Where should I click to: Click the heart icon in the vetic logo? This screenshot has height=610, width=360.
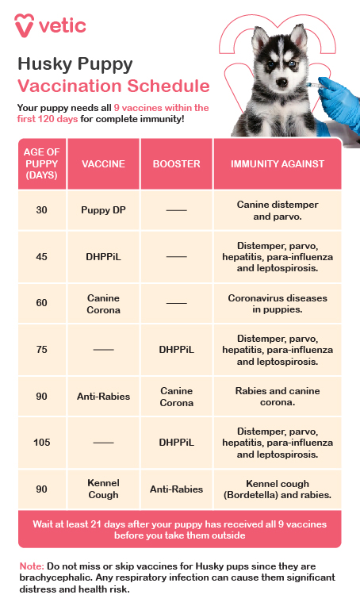coord(25,25)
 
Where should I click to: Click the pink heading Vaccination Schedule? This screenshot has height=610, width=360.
coord(113,86)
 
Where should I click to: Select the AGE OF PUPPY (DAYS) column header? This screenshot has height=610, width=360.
coord(42,163)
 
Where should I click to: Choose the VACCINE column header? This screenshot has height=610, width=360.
coord(103,164)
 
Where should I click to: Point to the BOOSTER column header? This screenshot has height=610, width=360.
coord(176,164)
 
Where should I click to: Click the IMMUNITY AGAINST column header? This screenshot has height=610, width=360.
coord(278,164)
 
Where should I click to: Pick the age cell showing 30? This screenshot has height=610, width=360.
coord(42,210)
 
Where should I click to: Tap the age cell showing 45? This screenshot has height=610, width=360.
coord(42,257)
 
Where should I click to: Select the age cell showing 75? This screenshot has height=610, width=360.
coord(42,350)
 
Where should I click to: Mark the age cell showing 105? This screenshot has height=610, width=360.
coord(42,443)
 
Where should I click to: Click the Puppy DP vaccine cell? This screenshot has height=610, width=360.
coord(103,210)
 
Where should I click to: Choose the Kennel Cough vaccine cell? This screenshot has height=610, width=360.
coord(103,489)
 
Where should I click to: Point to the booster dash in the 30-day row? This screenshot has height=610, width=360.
coord(176,210)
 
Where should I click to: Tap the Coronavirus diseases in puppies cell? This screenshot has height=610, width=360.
coord(278,304)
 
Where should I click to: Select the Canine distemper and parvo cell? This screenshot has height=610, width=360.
coord(278,210)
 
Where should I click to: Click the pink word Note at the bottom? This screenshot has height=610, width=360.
coord(31,566)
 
